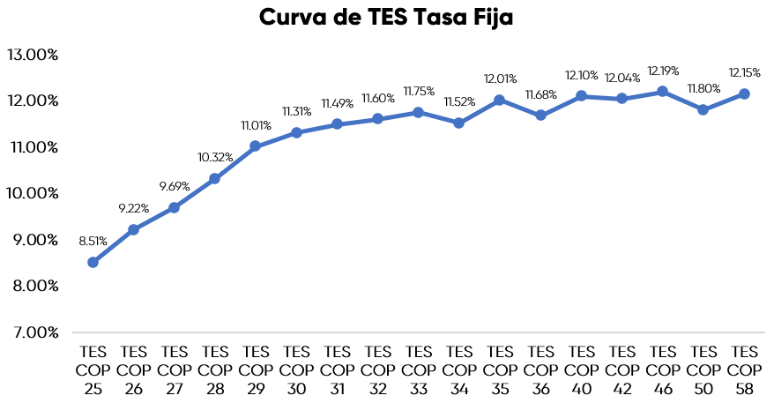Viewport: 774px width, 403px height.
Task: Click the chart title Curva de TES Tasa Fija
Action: pos(386,19)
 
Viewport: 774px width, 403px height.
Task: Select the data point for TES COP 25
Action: pos(93,262)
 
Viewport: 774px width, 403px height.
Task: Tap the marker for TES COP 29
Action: pos(256,146)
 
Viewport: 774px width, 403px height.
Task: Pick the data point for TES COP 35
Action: pos(500,100)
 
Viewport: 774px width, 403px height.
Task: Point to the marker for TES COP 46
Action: pos(663,92)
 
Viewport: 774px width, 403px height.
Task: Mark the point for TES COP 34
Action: pos(459,123)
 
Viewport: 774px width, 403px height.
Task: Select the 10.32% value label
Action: pos(215,157)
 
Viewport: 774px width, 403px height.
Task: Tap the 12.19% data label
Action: pos(663,70)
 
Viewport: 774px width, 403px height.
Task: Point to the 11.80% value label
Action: pos(703,88)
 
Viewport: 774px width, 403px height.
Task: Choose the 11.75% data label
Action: pos(419,91)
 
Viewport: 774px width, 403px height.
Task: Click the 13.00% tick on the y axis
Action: pos(33,55)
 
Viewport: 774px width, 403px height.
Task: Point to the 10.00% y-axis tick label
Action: pos(33,193)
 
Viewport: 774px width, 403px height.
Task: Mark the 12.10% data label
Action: pos(582,75)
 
